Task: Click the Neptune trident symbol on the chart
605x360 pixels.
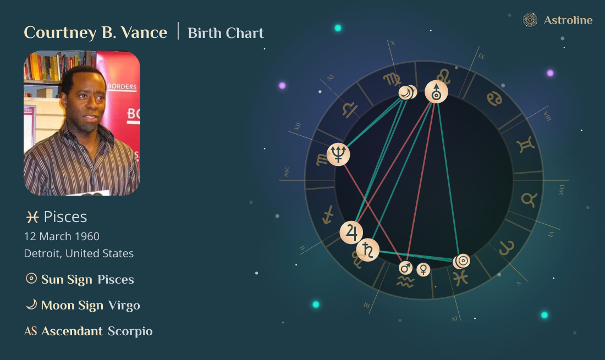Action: (x=338, y=154)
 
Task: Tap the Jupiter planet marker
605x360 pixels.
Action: (x=351, y=232)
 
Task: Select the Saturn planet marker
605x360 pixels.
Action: (x=367, y=250)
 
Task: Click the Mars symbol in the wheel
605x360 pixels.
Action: (x=405, y=268)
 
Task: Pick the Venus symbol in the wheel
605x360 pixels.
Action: (x=423, y=269)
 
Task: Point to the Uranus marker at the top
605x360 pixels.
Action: (x=436, y=92)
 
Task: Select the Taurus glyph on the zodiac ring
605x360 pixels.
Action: (x=529, y=199)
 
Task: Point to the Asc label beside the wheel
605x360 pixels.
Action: (x=286, y=172)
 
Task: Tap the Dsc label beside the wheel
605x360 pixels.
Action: (x=561, y=190)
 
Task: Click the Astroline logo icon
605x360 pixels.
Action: (x=530, y=20)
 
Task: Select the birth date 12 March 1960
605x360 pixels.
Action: (x=62, y=236)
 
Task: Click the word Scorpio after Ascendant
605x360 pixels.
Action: (x=130, y=331)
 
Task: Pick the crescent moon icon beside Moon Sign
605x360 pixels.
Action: (x=31, y=304)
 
